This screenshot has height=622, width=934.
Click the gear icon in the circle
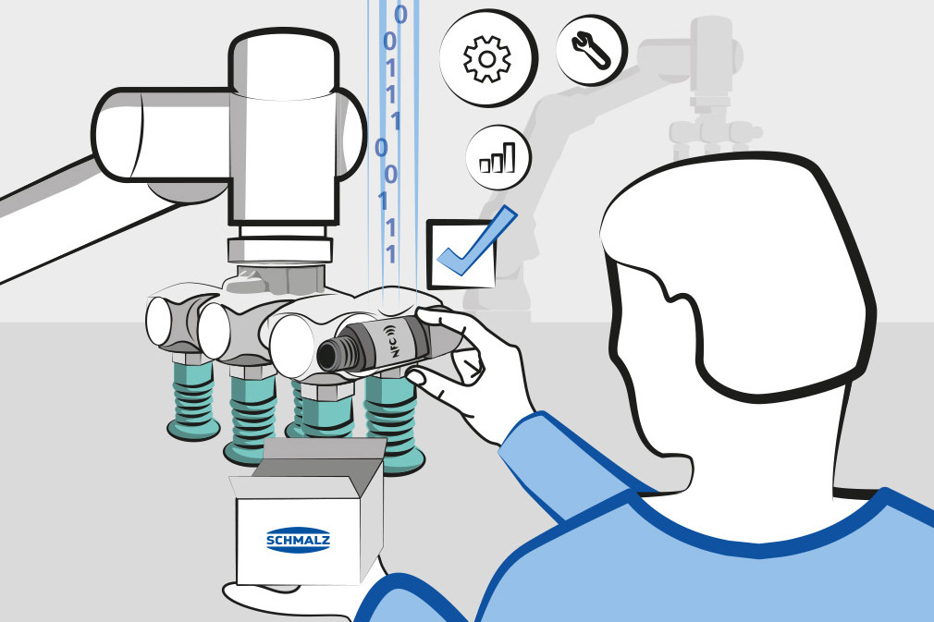coord(487,59)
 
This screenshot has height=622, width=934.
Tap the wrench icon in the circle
coord(591,50)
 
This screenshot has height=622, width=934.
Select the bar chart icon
coord(498,158)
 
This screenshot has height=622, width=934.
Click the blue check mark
coord(476,241)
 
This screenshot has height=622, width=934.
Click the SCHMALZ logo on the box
coord(298,540)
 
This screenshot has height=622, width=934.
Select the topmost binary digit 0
coord(400,13)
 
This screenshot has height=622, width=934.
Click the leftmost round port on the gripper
coord(162,321)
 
